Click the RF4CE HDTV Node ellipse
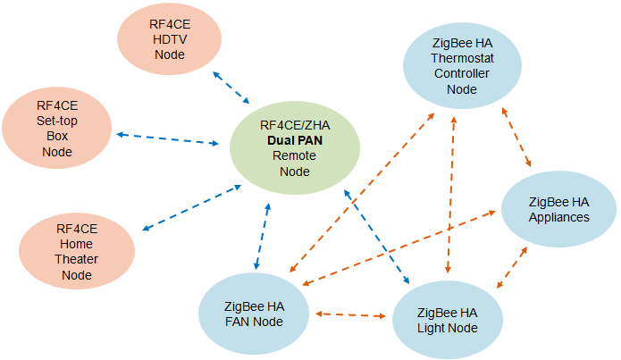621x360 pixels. (x=169, y=41)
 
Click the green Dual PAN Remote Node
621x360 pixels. (x=295, y=147)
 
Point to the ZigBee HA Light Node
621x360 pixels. (x=447, y=319)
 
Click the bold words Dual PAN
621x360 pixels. (x=295, y=140)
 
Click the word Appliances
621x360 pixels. (x=558, y=216)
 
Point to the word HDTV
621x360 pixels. (x=169, y=41)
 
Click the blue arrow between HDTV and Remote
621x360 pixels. (x=231, y=87)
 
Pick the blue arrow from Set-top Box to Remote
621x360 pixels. (x=170, y=139)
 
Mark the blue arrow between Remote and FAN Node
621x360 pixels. (x=262, y=237)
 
